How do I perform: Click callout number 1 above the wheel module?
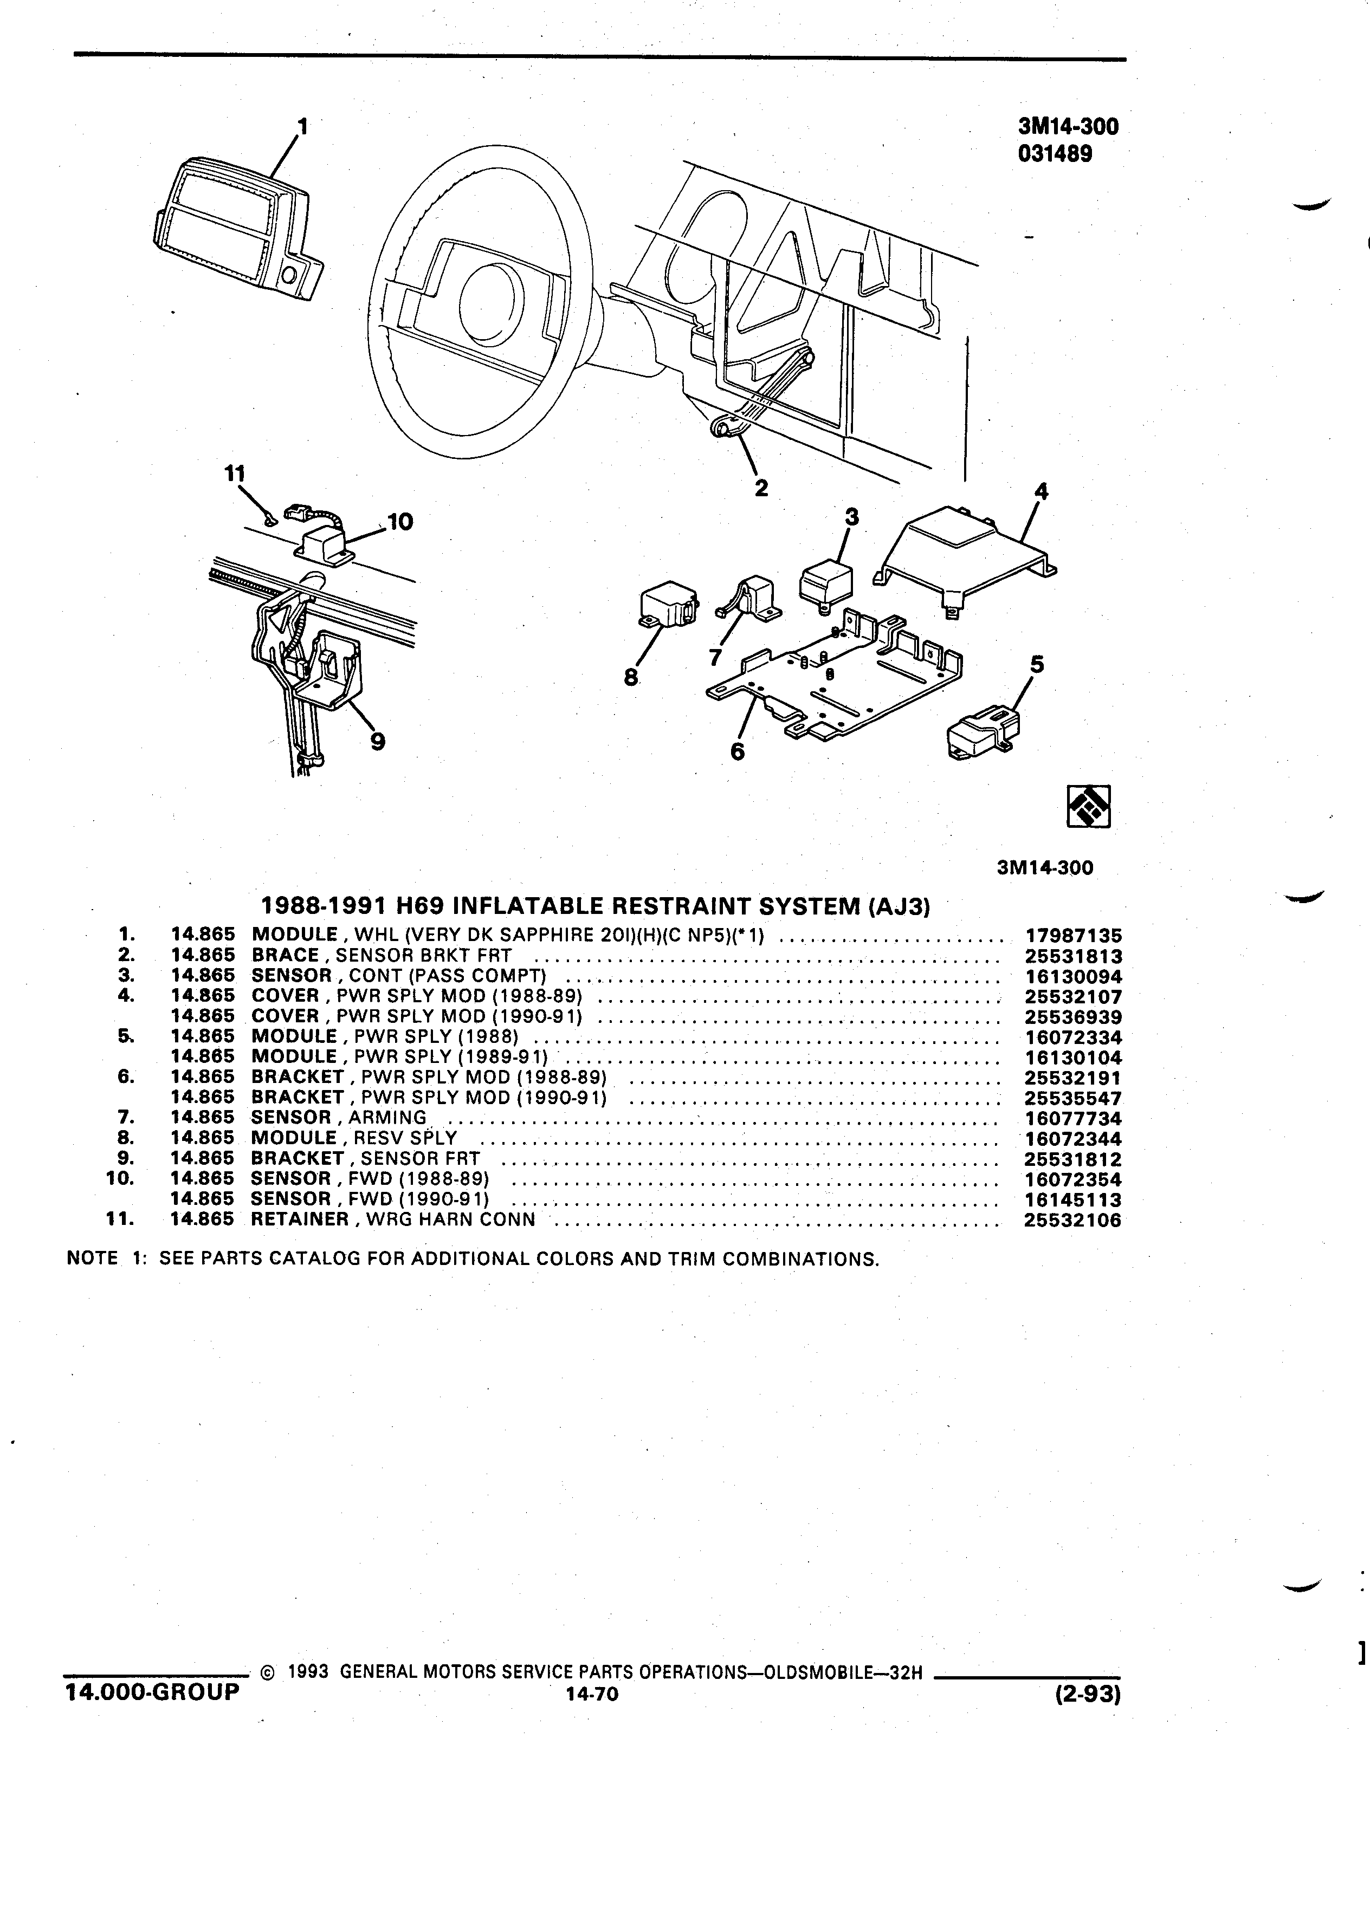tap(303, 126)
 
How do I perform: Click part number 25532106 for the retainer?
tap(1073, 1220)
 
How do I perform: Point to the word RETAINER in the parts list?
tap(299, 1219)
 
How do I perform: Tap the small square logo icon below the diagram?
tap(1088, 806)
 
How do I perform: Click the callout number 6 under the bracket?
tap(738, 751)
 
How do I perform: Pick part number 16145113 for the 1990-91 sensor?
tap(1073, 1200)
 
